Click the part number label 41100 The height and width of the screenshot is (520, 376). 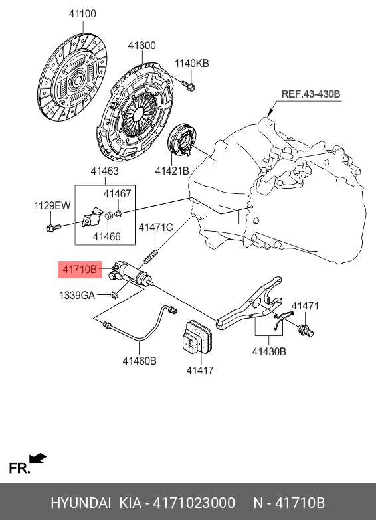pos(82,13)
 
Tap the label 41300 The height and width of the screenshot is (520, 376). pos(141,46)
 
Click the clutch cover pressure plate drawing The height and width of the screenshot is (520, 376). pos(136,113)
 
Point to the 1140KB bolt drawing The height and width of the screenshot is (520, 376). pos(187,85)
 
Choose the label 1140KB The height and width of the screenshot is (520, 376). pos(191,64)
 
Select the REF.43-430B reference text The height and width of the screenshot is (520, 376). pos(310,95)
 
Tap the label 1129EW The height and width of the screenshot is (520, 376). pos(52,206)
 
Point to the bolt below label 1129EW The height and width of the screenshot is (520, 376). pos(52,229)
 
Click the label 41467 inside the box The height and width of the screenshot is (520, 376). pos(117,194)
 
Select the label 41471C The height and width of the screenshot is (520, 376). pos(155,228)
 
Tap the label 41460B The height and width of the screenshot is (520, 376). pos(139,361)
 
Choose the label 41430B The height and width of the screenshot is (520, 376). pos(268,351)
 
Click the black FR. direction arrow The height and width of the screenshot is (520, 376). pos(38,458)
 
